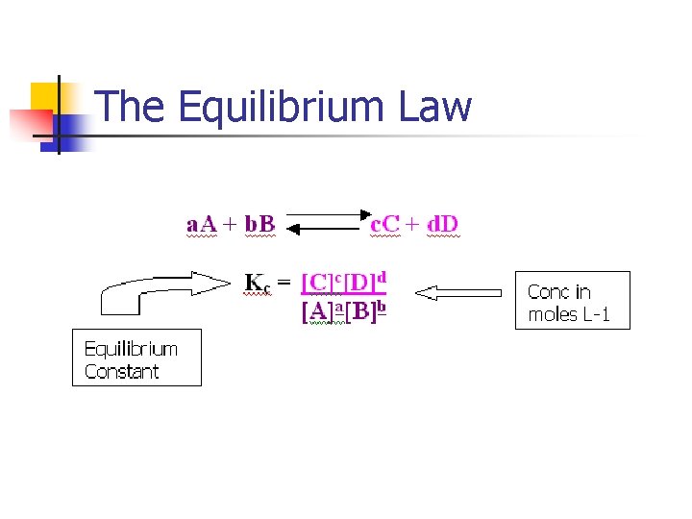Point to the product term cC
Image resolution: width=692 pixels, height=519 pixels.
tap(385, 224)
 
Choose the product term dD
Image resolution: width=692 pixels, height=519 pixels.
tap(443, 224)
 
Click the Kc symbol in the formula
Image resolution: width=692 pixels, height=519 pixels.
tap(258, 283)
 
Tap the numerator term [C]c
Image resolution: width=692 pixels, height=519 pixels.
tap(322, 283)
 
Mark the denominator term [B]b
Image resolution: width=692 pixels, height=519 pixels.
tap(366, 312)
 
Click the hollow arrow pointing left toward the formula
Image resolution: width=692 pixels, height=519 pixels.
tap(463, 292)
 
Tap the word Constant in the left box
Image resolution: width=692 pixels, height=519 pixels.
tap(122, 371)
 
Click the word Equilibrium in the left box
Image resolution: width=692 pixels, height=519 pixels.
tap(131, 348)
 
